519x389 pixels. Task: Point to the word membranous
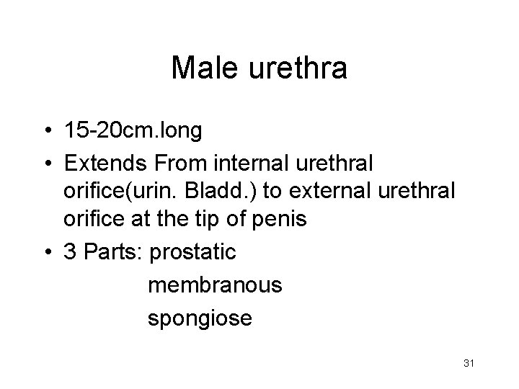pos(215,286)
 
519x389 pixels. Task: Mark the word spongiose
pos(200,318)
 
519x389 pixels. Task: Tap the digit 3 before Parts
pos(71,253)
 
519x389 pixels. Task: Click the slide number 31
pos(469,363)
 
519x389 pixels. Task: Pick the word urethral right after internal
pos(334,165)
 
